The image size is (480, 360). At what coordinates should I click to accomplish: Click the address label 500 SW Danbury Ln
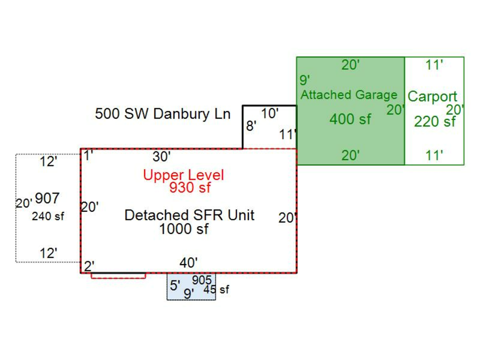[163, 114]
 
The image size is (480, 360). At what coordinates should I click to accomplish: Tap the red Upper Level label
[183, 175]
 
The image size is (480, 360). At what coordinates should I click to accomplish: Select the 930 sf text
[190, 187]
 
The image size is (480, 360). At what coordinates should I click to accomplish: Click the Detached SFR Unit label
[189, 215]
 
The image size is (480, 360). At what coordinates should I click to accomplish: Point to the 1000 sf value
[184, 229]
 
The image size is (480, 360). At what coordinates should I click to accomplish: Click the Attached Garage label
[349, 95]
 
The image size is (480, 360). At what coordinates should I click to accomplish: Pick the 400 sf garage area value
[350, 119]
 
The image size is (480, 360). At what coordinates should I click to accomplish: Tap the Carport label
[433, 97]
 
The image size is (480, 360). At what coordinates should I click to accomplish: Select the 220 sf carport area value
[435, 122]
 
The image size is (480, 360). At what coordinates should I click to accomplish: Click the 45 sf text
[215, 290]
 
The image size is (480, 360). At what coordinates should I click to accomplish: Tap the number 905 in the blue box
[202, 280]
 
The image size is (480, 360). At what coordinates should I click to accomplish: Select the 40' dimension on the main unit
[189, 262]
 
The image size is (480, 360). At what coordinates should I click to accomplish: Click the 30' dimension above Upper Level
[162, 156]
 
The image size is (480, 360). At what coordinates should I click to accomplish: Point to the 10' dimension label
[270, 113]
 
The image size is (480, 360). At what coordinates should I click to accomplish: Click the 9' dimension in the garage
[305, 81]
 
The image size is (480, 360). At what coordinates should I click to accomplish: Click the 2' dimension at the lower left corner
[89, 266]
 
